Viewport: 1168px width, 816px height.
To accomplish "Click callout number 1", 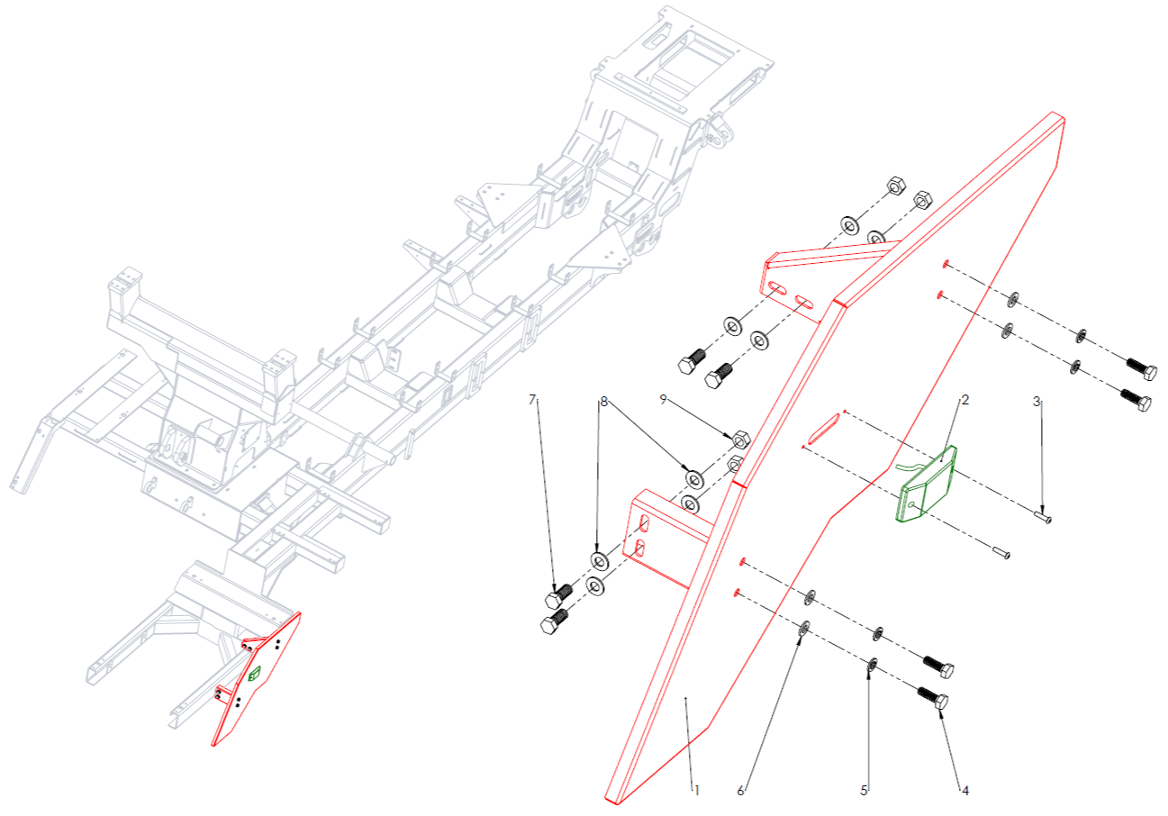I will pyautogui.click(x=696, y=790).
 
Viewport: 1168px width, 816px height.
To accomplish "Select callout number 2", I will pyautogui.click(x=964, y=400).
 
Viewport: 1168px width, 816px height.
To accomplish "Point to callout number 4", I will pyautogui.click(x=964, y=791).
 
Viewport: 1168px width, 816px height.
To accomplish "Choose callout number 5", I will pyautogui.click(x=864, y=791).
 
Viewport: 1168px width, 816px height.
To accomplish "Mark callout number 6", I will pyautogui.click(x=741, y=791).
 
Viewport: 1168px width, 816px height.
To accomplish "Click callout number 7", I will pyautogui.click(x=532, y=397).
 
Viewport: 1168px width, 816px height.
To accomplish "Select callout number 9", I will pyautogui.click(x=664, y=399).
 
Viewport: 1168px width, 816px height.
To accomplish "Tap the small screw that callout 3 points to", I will pyautogui.click(x=1044, y=518).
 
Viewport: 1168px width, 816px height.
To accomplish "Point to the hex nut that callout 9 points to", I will pyautogui.click(x=737, y=440).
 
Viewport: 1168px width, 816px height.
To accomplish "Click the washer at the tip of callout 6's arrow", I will pyautogui.click(x=804, y=627).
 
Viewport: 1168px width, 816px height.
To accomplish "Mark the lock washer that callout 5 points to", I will pyautogui.click(x=872, y=667).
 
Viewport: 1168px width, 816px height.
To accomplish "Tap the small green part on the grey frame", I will pyautogui.click(x=255, y=672).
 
